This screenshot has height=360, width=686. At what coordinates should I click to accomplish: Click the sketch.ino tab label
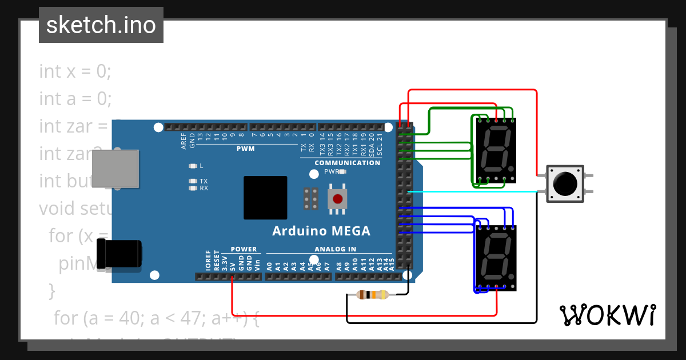pos(101,25)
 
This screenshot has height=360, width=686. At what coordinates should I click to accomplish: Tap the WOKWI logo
pos(607,315)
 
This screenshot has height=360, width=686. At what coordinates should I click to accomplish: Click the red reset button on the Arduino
pos(337,199)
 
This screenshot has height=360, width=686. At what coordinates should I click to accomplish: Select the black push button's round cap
pos(565,183)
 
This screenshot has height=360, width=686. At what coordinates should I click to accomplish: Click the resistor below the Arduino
pos(372,295)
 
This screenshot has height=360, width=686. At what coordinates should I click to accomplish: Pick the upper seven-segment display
pos(496,151)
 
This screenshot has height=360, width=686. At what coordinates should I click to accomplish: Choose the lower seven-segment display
pos(496,258)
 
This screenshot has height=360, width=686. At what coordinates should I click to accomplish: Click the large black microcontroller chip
pos(265,198)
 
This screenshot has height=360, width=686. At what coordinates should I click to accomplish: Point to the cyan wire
pos(474,192)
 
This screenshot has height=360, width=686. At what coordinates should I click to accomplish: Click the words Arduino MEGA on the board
pos(321,231)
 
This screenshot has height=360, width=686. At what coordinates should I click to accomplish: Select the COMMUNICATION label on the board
pos(347,163)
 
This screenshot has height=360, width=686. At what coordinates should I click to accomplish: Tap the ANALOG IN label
pos(335,249)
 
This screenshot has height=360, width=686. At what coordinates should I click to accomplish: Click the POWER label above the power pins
pos(244,249)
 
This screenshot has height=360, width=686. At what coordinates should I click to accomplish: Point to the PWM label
pos(245,149)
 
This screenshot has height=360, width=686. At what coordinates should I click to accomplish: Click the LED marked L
pos(193,166)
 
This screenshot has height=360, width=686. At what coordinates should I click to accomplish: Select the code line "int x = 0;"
pos(75,71)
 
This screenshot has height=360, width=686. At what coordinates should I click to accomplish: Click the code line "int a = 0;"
pos(75,99)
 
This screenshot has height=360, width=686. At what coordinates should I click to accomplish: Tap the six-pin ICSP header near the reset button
pos(312,198)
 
